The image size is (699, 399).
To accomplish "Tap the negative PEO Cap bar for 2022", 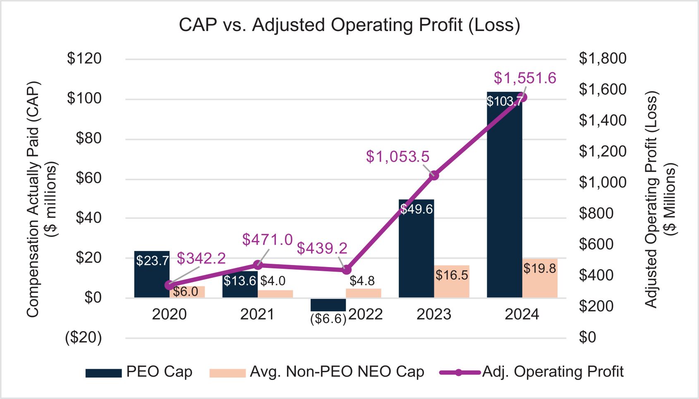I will (x=328, y=305).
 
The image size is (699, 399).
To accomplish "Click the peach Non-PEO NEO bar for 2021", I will (x=275, y=294).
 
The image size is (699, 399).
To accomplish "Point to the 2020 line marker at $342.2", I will (x=169, y=285).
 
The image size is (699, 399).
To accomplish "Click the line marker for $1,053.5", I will (x=434, y=175).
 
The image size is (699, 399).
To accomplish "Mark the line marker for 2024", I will (x=522, y=98).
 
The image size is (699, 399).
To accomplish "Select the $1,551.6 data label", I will (x=525, y=78).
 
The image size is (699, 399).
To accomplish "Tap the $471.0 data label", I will (x=267, y=240).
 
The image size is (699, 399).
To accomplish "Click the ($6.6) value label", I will (x=328, y=319).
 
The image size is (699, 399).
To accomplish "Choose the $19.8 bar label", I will (x=540, y=269).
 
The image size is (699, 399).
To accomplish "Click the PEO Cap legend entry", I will (x=139, y=372).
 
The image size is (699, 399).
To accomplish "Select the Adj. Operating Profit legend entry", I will (x=531, y=372).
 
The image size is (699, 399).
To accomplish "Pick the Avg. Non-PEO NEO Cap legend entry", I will (x=317, y=372).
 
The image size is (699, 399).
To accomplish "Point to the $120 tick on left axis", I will (x=84, y=59).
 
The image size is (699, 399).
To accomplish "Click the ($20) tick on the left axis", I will (x=83, y=338).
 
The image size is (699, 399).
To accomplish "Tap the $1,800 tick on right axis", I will (x=602, y=59).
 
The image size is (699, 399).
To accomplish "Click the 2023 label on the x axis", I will (x=434, y=315).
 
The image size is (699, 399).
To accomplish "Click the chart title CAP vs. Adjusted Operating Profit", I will (x=349, y=25).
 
